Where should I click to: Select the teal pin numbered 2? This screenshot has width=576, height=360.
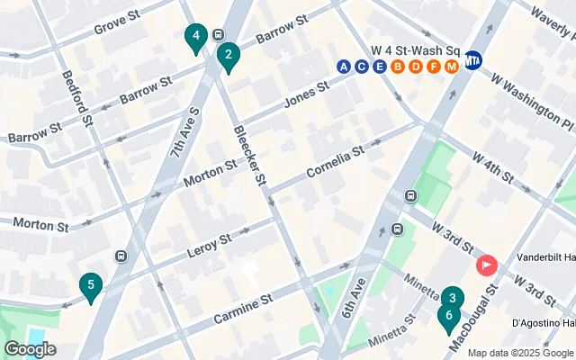(x=229, y=58)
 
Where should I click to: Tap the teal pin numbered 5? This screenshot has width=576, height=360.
(x=89, y=287)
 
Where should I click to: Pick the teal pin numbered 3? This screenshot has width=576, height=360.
(x=453, y=298)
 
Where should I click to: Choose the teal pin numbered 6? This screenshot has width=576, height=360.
(x=447, y=317)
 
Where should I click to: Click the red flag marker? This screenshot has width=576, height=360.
(x=487, y=265)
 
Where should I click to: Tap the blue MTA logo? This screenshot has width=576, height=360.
(x=473, y=62)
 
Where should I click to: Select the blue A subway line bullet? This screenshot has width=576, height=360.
(x=344, y=66)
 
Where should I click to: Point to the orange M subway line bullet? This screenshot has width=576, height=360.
(x=452, y=66)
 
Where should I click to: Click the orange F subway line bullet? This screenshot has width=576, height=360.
(x=434, y=66)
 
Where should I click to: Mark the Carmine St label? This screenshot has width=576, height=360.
(x=242, y=301)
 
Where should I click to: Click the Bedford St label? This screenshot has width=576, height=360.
(x=77, y=99)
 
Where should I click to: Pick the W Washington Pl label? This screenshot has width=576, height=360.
(x=531, y=100)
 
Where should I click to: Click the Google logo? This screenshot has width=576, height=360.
(x=30, y=349)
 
